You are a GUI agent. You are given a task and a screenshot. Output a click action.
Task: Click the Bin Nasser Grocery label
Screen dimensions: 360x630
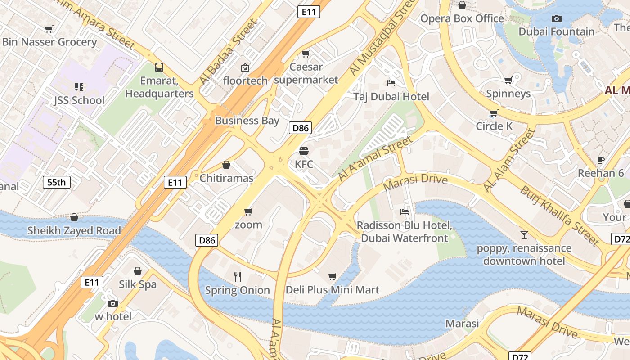(x=49, y=42)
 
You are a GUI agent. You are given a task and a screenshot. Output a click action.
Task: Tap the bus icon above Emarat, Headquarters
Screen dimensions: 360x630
(x=159, y=67)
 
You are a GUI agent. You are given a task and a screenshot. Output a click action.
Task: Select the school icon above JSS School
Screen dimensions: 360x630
(x=79, y=86)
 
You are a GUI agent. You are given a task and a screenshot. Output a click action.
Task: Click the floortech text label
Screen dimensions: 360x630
(x=245, y=81)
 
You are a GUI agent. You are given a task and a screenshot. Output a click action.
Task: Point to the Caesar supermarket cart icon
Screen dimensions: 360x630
(x=306, y=54)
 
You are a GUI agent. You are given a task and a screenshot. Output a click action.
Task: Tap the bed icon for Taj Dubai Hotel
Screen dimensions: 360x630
(x=391, y=83)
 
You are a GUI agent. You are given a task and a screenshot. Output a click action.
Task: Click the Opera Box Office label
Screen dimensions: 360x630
(x=462, y=18)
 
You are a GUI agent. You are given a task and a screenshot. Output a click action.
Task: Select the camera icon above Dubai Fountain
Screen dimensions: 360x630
(x=557, y=18)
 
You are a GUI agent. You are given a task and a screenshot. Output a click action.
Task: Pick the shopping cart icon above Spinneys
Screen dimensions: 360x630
(x=508, y=81)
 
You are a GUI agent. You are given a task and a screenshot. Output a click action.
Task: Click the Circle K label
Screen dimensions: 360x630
(x=494, y=126)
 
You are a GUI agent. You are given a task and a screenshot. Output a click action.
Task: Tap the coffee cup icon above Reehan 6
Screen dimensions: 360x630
(x=601, y=160)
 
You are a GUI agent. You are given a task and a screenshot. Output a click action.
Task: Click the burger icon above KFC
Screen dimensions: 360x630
(x=304, y=151)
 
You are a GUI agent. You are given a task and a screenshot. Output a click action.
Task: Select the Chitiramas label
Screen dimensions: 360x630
(x=226, y=178)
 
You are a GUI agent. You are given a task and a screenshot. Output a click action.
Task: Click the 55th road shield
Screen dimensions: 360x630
(x=57, y=182)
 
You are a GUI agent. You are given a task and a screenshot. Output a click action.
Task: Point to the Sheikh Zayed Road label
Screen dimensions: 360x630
(x=74, y=231)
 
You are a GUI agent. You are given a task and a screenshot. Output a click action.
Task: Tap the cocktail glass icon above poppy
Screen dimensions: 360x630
(x=524, y=234)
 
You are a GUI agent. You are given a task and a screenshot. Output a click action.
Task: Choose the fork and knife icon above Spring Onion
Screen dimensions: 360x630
(x=238, y=276)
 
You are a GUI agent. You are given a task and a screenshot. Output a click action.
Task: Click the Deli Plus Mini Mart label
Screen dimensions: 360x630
(x=333, y=290)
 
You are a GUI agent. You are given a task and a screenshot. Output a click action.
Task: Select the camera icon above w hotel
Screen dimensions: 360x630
(x=113, y=303)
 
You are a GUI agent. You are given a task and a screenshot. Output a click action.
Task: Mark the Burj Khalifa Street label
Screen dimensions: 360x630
(x=560, y=216)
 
